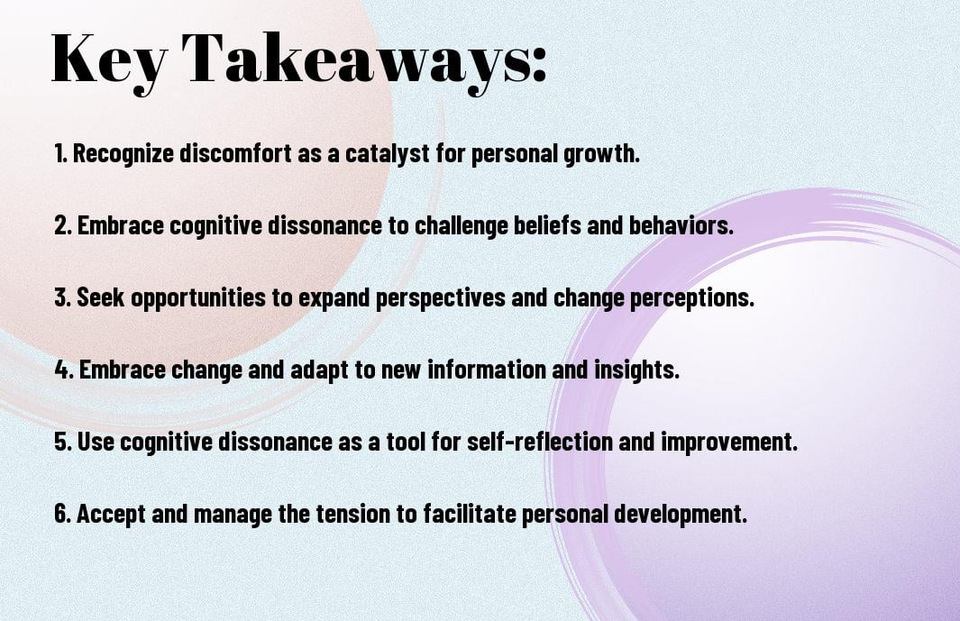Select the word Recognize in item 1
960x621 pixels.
123,153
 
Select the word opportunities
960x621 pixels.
198,297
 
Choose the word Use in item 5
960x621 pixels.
95,442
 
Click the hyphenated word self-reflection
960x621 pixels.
539,442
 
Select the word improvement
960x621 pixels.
729,442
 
